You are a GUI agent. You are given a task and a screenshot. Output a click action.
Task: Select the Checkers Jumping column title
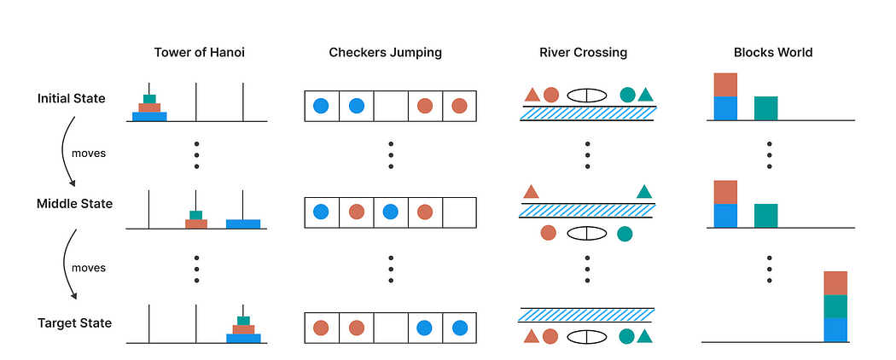(x=386, y=52)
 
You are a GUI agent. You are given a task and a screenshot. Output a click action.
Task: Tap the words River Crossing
(x=584, y=52)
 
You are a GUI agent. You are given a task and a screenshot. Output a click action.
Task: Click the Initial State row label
(x=72, y=98)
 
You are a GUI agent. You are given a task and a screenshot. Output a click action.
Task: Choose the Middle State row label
(x=74, y=204)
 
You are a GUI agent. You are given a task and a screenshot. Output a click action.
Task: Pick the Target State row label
(x=75, y=322)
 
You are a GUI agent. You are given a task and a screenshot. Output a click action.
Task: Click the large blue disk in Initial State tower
(x=149, y=116)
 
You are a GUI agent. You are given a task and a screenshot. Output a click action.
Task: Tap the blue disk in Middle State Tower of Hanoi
(x=243, y=224)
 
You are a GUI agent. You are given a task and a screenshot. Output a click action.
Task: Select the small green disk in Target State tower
(x=243, y=320)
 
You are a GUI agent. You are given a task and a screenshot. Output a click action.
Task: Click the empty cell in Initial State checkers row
(x=391, y=107)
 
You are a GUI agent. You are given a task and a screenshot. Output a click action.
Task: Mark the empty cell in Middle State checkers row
(x=459, y=212)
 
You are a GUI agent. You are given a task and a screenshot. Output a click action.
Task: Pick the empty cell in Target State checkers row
(x=391, y=327)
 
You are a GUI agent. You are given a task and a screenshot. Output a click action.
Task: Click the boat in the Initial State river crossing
(x=588, y=96)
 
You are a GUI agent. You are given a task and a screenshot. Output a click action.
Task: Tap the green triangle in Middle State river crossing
(x=645, y=193)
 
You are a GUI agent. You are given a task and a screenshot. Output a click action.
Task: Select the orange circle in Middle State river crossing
(x=549, y=232)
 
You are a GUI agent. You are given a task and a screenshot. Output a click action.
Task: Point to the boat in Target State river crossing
(x=588, y=336)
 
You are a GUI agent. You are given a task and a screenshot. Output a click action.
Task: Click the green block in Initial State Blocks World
(x=765, y=107)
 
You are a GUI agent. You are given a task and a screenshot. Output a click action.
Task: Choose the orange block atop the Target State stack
(x=835, y=283)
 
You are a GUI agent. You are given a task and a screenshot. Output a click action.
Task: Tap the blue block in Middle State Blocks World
(x=724, y=216)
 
